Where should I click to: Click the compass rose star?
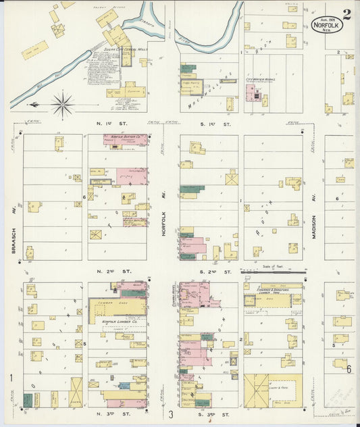click(62, 104)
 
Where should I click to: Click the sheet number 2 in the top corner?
click(346, 14)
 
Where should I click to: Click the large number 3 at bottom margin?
click(172, 414)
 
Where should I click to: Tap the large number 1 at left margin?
click(11, 377)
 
